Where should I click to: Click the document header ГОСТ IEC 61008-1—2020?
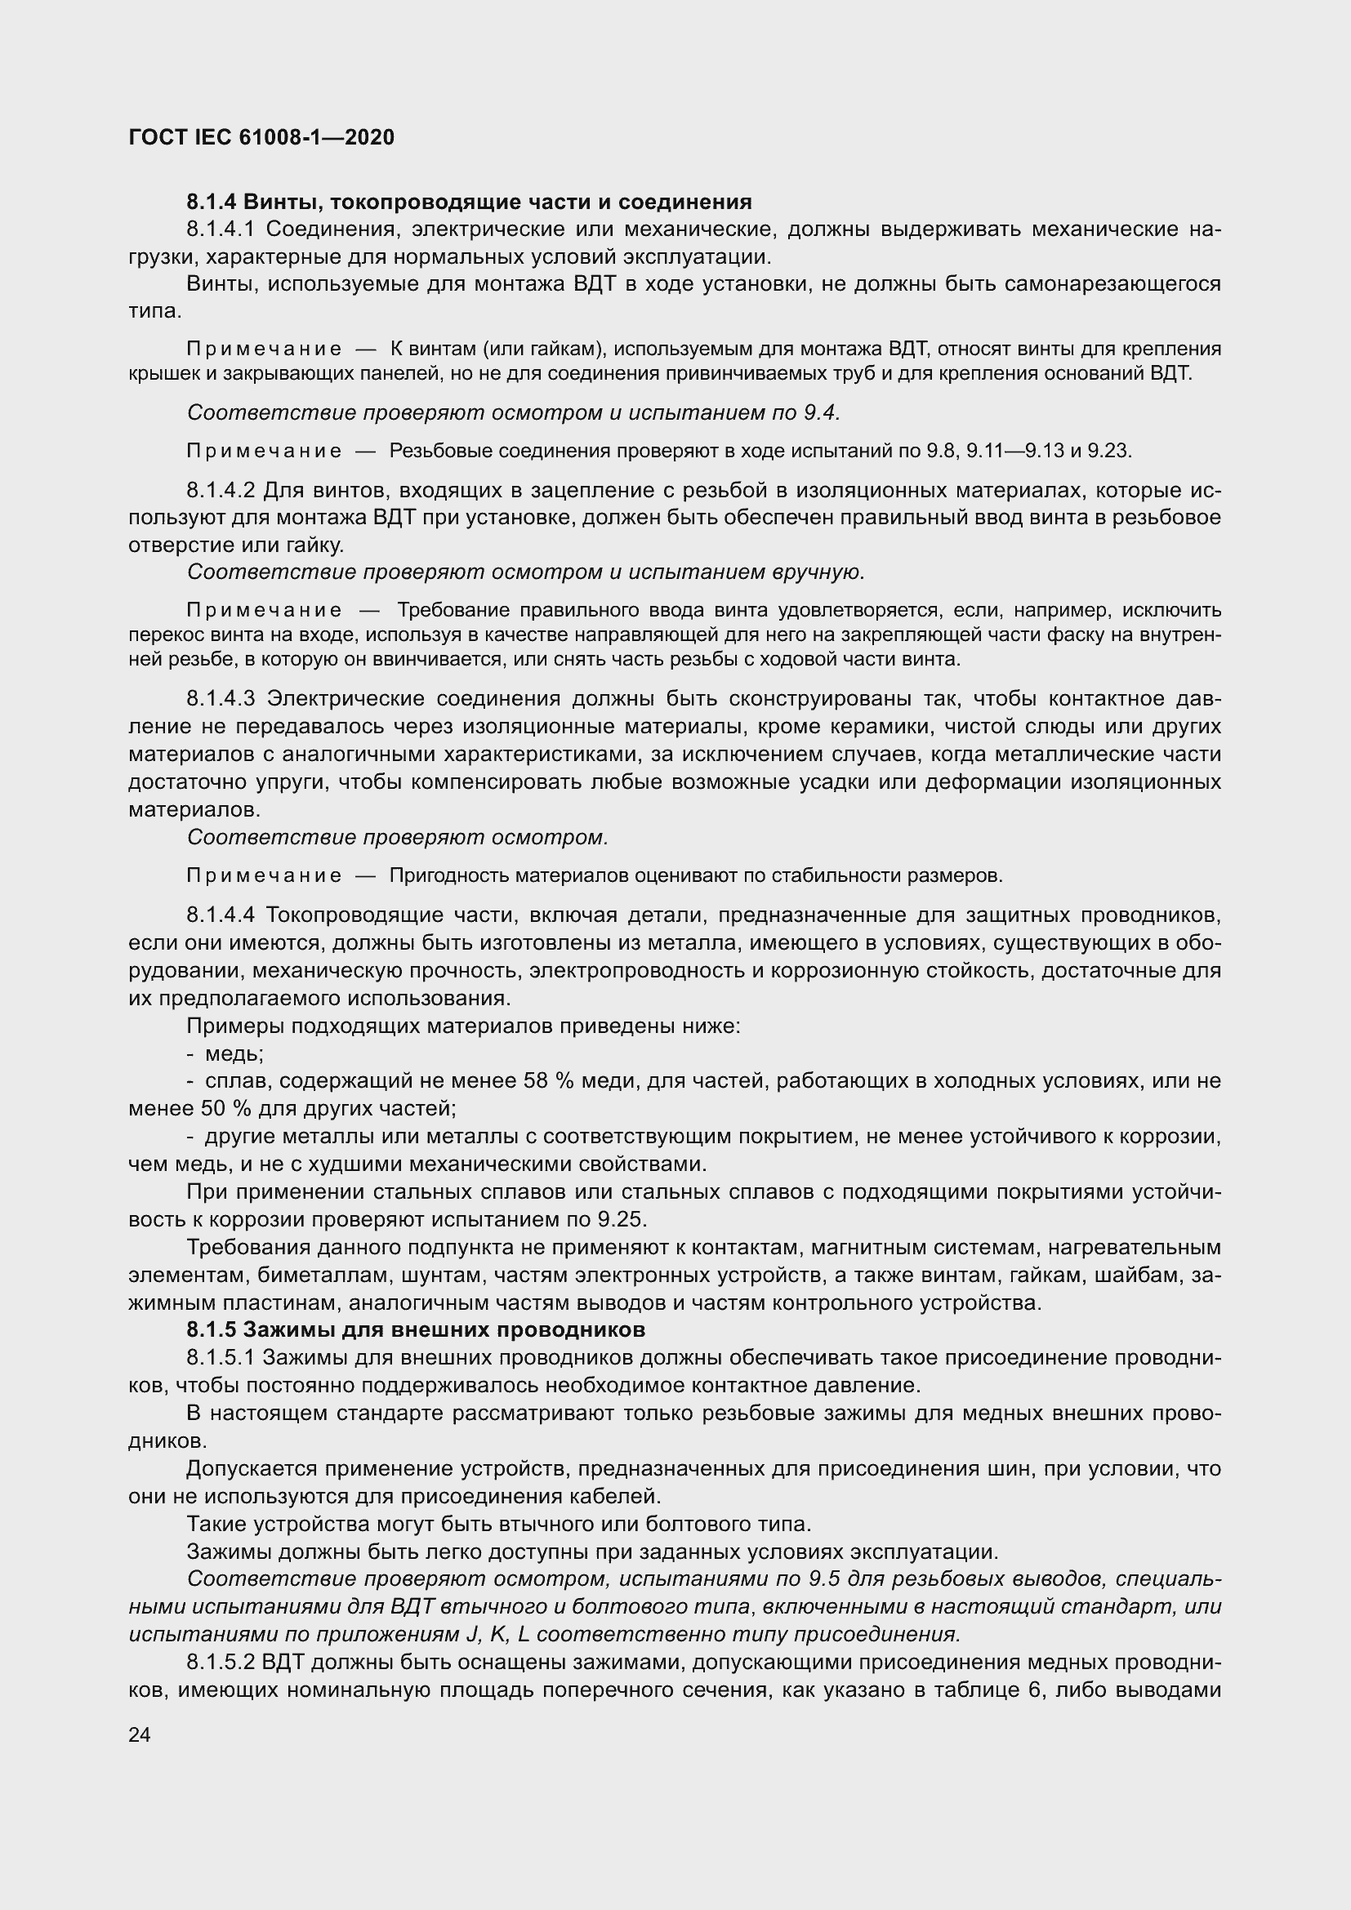tap(261, 137)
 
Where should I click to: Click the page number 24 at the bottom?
tap(140, 1734)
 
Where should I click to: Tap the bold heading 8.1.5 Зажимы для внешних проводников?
tap(416, 1329)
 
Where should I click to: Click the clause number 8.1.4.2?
tap(221, 490)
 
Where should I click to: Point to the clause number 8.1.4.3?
tap(221, 699)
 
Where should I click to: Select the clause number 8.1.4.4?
tap(221, 916)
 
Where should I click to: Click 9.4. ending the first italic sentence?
tap(824, 412)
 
